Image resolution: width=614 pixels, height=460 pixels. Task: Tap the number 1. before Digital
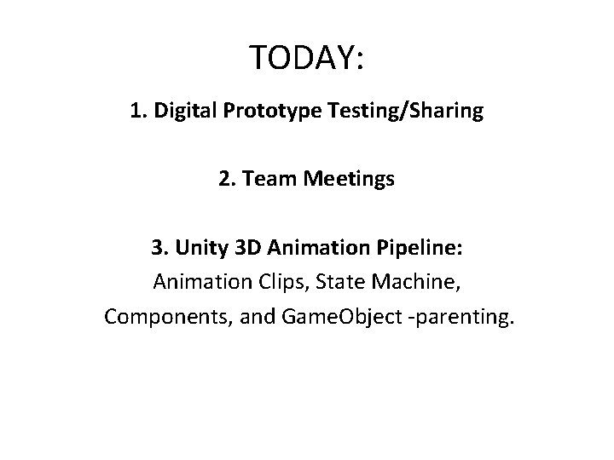tap(141, 112)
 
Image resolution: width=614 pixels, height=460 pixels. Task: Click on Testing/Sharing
tap(393, 112)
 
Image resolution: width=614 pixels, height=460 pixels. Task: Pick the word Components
tap(159, 317)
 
